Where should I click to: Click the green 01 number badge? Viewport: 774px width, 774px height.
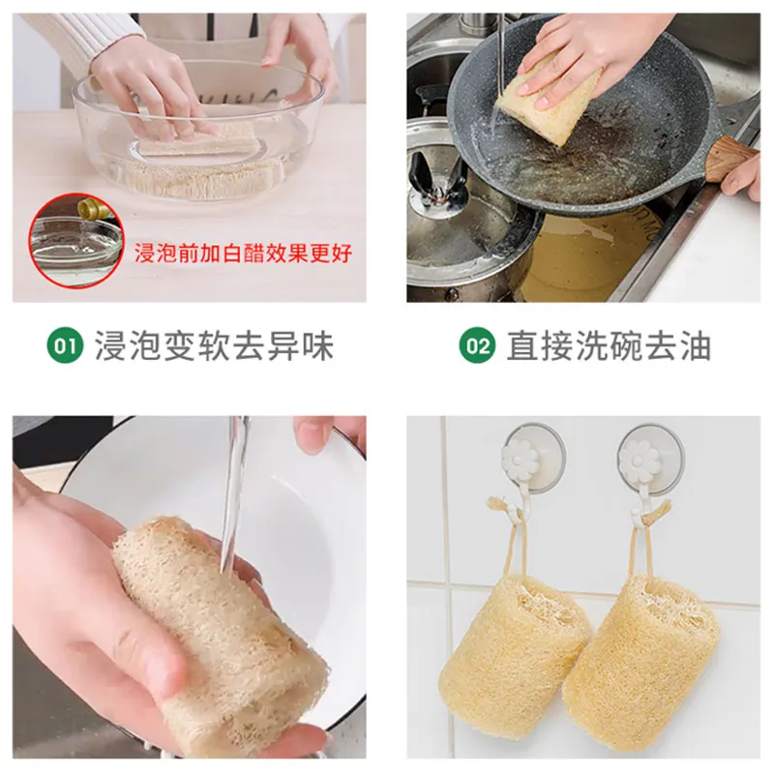[x=65, y=345]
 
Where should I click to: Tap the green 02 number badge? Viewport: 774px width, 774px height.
[x=477, y=345]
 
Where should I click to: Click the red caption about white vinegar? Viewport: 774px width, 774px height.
[x=244, y=253]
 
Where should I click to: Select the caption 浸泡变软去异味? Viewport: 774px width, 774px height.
[x=214, y=345]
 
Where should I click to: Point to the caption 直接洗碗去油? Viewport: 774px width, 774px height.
[x=609, y=345]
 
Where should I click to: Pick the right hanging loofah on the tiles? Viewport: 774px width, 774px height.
[x=640, y=657]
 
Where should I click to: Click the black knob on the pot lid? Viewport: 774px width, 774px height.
[x=437, y=179]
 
